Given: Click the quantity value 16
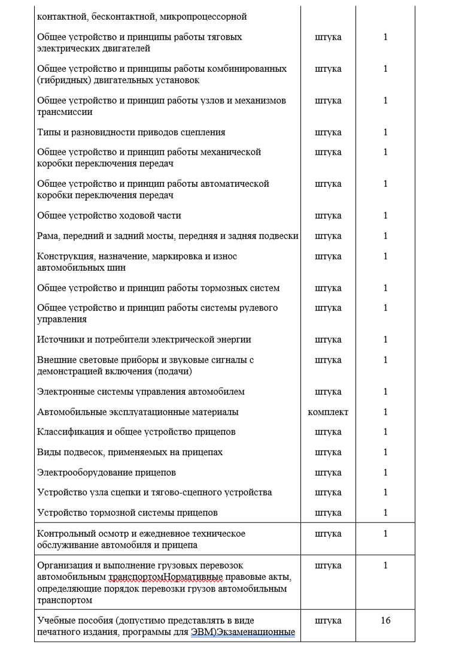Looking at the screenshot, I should [385, 621].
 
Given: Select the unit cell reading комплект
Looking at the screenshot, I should [328, 412].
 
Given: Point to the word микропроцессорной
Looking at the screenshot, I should [203, 17].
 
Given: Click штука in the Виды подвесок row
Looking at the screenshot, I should [328, 452].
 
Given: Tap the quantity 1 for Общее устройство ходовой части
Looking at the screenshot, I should [385, 216].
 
